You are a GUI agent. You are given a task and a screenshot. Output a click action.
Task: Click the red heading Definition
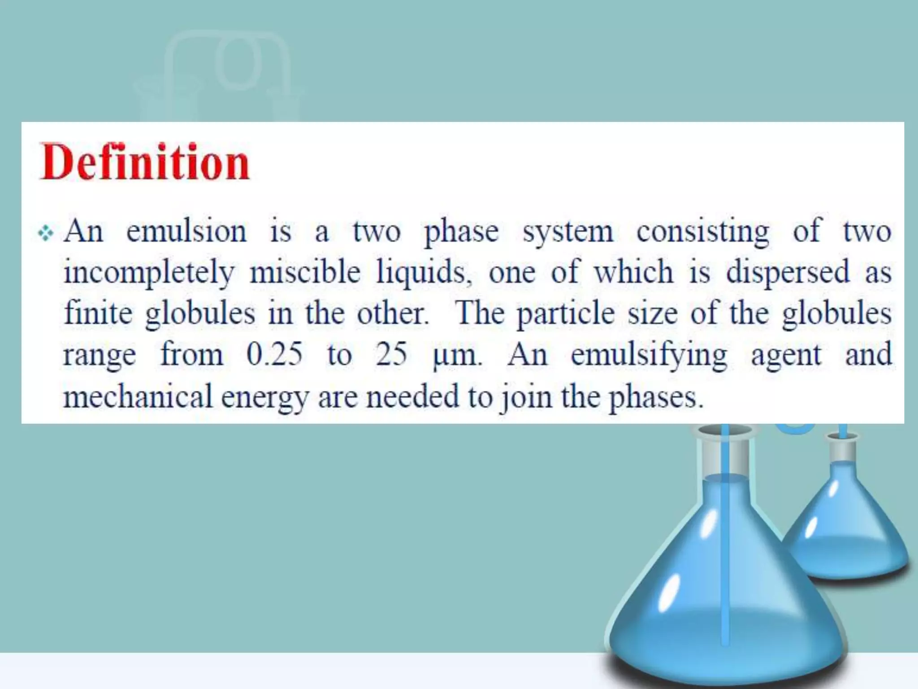[x=144, y=162]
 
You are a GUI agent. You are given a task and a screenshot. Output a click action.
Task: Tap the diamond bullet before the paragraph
[x=46, y=233]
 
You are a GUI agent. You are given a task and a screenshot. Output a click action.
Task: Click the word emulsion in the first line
[x=186, y=232]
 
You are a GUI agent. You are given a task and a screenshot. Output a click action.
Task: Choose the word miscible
[x=305, y=272]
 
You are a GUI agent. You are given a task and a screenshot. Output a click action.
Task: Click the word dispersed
[x=788, y=273]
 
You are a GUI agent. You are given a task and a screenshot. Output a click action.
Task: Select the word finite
[x=98, y=313]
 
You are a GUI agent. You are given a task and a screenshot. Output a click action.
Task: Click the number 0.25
[x=274, y=354]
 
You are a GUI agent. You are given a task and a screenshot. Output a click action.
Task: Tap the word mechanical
[x=137, y=397]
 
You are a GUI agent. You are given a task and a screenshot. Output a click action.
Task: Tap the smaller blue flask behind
[x=843, y=529]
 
